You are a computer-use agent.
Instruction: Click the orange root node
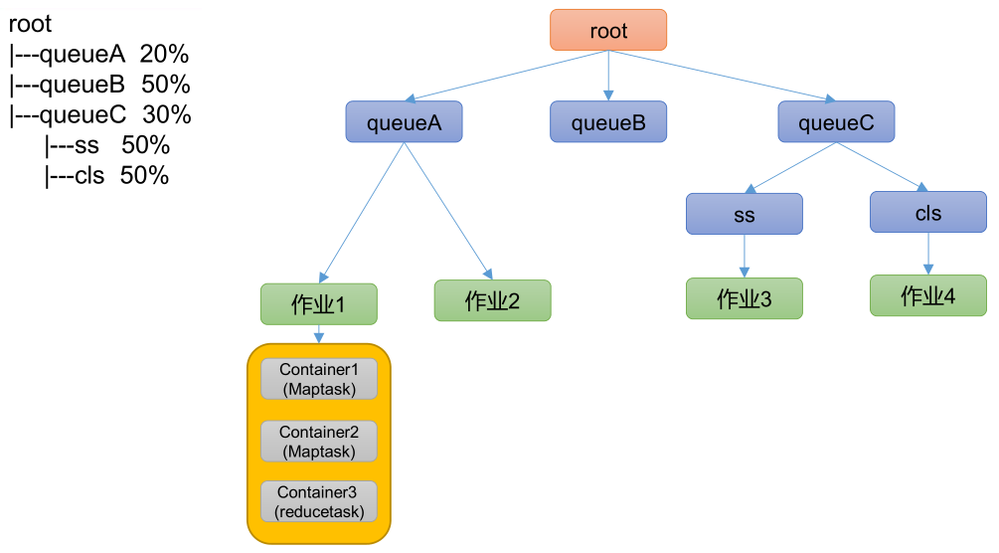point(608,31)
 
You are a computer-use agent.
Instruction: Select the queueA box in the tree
point(404,122)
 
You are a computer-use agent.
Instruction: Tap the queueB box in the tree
point(608,122)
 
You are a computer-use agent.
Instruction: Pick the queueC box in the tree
point(836,122)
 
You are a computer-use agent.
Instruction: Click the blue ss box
point(744,215)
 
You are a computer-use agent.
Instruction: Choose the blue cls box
point(928,213)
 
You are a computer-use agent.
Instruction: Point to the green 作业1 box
point(319,305)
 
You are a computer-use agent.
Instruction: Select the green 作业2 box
point(492,300)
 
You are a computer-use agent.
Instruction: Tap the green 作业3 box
point(744,298)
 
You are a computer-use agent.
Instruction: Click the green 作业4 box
point(928,296)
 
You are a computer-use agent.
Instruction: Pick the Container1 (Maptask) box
point(319,379)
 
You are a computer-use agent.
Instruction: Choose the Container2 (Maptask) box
point(319,442)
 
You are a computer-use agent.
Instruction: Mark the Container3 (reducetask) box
point(319,502)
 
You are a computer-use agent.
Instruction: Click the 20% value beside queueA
point(164,54)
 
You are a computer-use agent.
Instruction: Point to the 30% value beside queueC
point(167,114)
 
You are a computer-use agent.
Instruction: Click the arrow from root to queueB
point(608,76)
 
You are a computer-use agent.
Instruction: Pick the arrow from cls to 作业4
point(928,254)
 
